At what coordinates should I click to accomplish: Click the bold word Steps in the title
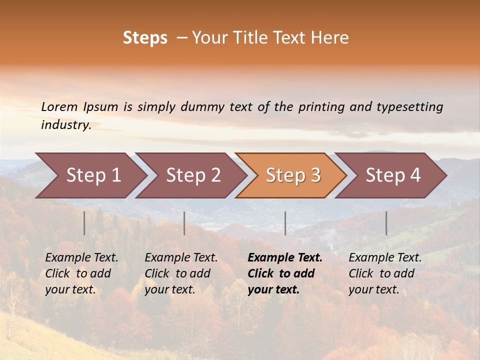point(145,38)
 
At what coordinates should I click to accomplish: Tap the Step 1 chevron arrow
point(93,175)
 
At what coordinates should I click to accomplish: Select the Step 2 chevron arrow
point(193,175)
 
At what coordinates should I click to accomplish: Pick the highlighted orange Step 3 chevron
point(293,175)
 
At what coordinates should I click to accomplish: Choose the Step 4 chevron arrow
point(393,175)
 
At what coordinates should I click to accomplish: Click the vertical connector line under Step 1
point(84,223)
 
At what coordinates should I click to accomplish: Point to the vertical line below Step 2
point(184,223)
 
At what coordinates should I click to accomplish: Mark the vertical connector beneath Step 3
point(285,223)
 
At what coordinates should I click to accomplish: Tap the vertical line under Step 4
point(386,223)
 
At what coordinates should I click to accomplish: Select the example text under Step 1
point(81,273)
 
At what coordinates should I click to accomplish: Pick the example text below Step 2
point(181,273)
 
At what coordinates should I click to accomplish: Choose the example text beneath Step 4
point(385,273)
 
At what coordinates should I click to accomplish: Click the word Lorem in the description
point(59,106)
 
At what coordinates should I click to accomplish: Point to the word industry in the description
point(66,125)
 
